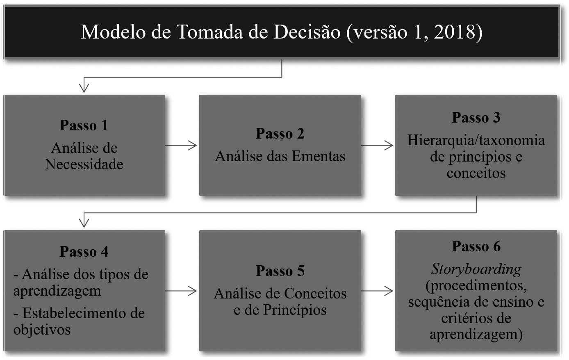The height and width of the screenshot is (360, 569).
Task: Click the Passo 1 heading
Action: (x=84, y=125)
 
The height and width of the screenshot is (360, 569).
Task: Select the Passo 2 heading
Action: (x=280, y=133)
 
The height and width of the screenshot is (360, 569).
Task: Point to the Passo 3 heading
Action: (x=476, y=117)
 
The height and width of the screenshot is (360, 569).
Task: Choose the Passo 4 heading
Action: (x=84, y=251)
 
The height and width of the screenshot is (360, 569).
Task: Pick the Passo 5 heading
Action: (x=280, y=271)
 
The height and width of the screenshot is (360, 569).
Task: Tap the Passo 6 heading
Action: (x=476, y=246)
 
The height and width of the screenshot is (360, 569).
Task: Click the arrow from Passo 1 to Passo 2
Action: (x=182, y=145)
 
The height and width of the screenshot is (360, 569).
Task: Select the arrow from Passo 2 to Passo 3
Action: (x=378, y=145)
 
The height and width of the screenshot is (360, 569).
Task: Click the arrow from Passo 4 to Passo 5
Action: (x=182, y=291)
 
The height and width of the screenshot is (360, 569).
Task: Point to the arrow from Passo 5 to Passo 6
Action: (x=378, y=291)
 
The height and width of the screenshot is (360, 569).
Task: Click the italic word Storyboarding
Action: (x=476, y=269)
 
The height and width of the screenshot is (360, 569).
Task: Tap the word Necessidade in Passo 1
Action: (x=84, y=164)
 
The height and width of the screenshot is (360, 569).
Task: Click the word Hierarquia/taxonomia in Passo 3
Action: (x=476, y=140)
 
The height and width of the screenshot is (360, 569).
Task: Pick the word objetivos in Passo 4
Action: (x=42, y=330)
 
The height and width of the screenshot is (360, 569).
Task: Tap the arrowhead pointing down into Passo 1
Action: (x=84, y=87)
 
